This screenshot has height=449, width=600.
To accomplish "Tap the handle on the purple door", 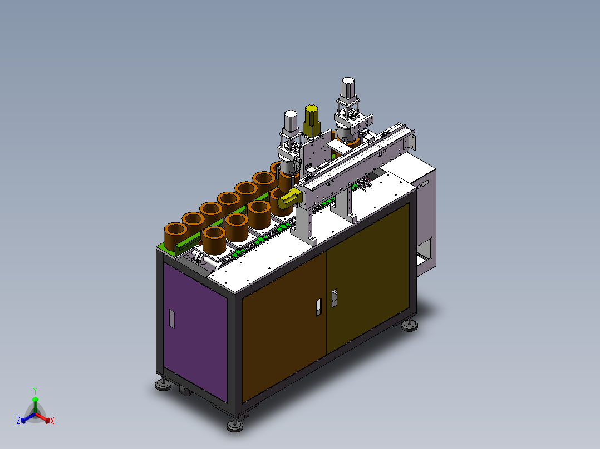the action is tap(172, 319).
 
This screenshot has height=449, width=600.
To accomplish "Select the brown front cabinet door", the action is tap(284, 327).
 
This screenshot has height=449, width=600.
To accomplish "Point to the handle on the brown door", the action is tap(318, 307).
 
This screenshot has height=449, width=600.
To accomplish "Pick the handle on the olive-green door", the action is tap(335, 298).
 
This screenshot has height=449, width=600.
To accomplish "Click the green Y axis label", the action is tap(35, 391).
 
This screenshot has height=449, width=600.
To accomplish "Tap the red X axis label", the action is tap(52, 421).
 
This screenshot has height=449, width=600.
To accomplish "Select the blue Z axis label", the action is tap(18, 420).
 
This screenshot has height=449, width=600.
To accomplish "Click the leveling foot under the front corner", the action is tap(235, 425).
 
